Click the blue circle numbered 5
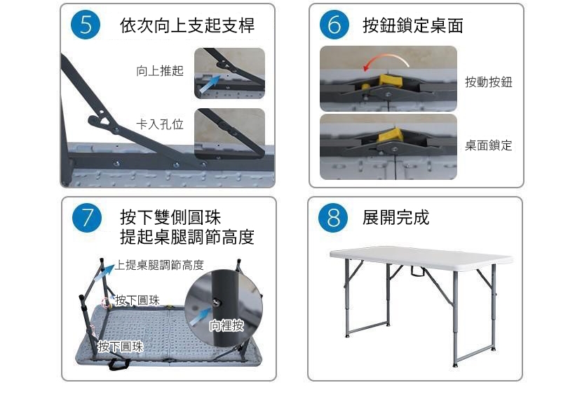click(86, 25)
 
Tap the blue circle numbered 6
click(334, 25)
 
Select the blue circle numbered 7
click(87, 218)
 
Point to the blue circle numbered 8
click(333, 218)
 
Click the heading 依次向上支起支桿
click(187, 25)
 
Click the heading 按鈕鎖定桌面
click(413, 25)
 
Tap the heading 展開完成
click(395, 217)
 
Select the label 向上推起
click(160, 71)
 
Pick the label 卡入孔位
click(160, 124)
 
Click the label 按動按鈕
click(489, 82)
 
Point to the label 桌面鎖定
click(489, 145)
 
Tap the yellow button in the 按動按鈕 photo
click(390, 81)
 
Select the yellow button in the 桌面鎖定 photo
click(391, 135)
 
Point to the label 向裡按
click(226, 325)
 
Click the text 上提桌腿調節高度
click(159, 265)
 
